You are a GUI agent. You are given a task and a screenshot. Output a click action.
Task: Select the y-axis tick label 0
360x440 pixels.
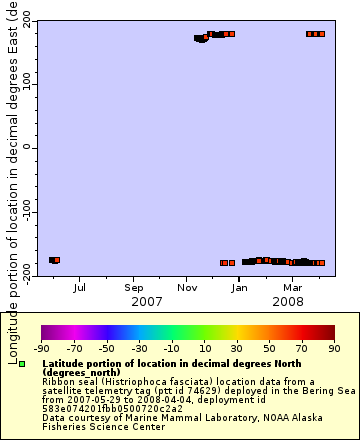click(x=26, y=148)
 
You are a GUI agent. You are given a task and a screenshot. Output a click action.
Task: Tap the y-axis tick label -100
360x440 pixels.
click(x=18, y=212)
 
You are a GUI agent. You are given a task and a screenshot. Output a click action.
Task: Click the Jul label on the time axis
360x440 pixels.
click(x=79, y=288)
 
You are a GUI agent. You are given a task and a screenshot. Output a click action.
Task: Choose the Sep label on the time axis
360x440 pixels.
click(x=133, y=288)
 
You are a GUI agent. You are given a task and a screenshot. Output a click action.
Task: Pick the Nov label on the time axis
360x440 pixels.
click(x=187, y=288)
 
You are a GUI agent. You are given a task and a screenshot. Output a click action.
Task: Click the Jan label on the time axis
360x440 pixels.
click(x=240, y=288)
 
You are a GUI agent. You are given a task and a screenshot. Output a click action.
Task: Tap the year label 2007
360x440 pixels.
click(x=147, y=301)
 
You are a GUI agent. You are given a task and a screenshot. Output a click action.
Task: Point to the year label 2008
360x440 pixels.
click(x=288, y=301)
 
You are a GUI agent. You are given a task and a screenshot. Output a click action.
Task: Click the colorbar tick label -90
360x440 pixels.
click(x=42, y=348)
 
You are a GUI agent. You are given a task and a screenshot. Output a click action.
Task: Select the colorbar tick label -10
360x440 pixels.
click(x=172, y=348)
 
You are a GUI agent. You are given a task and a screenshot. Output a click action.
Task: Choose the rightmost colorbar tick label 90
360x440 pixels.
click(x=334, y=348)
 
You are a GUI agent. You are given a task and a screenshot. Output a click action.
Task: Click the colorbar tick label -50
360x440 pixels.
click(x=107, y=348)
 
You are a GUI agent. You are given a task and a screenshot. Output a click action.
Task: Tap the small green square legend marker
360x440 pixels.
click(x=22, y=363)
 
